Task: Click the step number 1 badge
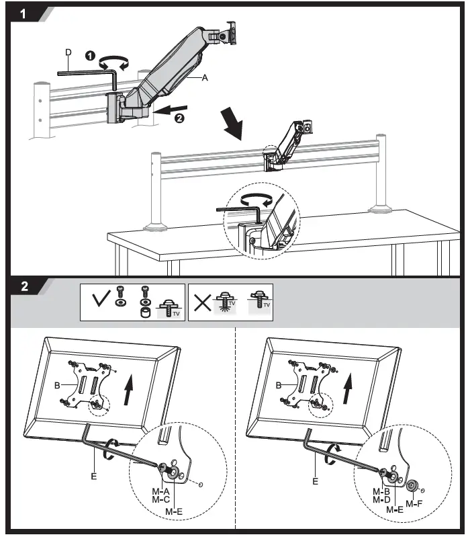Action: tap(24, 14)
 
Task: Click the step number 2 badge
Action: tap(24, 286)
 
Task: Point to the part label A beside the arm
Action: tap(205, 78)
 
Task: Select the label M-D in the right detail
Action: tap(381, 500)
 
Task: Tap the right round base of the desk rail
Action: tap(381, 208)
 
